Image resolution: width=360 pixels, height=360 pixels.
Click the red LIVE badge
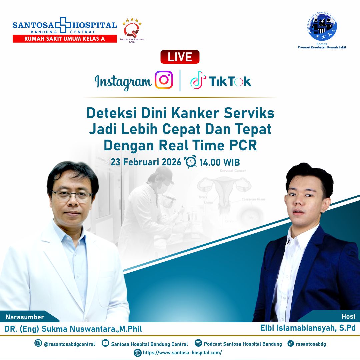pyautogui.click(x=180, y=57)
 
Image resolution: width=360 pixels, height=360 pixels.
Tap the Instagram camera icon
pyautogui.click(x=164, y=80)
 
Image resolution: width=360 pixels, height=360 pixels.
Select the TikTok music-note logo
pyautogui.click(x=198, y=80)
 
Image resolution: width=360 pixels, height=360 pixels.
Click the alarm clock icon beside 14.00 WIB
pyautogui.click(x=191, y=162)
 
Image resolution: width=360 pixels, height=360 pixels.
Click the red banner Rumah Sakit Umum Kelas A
pyautogui.click(x=64, y=39)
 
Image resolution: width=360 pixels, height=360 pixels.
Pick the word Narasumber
pyautogui.click(x=25, y=317)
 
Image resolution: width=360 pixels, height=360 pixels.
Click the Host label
pyautogui.click(x=348, y=316)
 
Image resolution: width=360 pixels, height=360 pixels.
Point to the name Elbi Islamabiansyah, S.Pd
pyautogui.click(x=308, y=328)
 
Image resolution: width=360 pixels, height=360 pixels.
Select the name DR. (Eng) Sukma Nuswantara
pyautogui.click(x=73, y=329)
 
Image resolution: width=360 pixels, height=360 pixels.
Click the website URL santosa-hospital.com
pyautogui.click(x=182, y=353)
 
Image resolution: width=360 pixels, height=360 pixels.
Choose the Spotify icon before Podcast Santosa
pyautogui.click(x=198, y=343)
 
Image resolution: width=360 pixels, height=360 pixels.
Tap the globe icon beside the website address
pyautogui.click(x=137, y=353)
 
